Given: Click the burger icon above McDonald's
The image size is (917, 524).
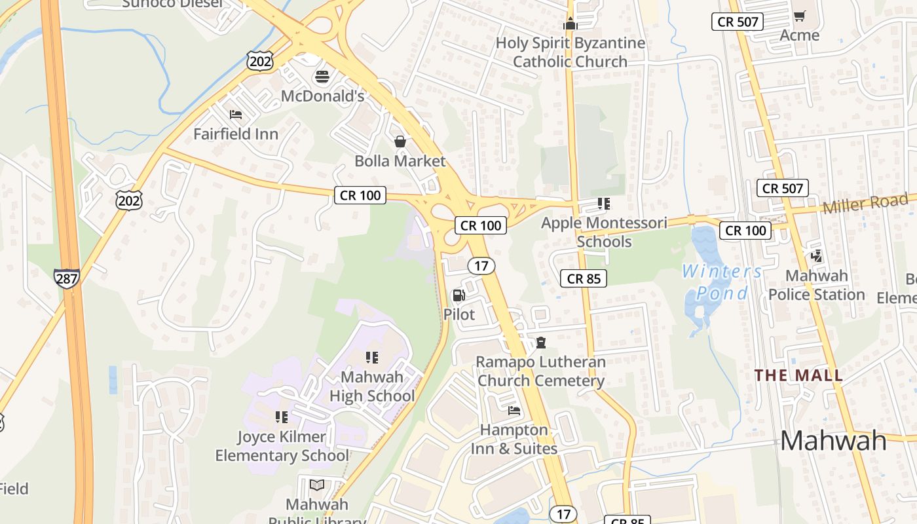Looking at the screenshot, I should click(x=322, y=77).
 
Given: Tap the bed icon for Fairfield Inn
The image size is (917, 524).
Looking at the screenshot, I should click(x=236, y=115).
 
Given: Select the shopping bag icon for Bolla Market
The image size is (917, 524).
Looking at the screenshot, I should click(x=400, y=141).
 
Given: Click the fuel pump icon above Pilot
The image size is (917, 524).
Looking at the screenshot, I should click(x=459, y=295).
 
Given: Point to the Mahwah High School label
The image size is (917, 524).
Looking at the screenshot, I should click(x=371, y=386).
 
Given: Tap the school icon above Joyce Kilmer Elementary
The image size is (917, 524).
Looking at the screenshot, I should click(x=282, y=417).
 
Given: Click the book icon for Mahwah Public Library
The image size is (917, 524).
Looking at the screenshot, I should click(x=317, y=485).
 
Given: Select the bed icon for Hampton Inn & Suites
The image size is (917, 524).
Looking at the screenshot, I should click(x=514, y=411).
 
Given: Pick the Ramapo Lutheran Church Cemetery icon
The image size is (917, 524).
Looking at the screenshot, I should click(x=541, y=343).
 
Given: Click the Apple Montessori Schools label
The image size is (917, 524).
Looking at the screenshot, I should click(x=604, y=232).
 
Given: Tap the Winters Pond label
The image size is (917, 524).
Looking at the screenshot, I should click(x=722, y=282).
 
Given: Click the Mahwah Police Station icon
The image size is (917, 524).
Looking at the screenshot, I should click(x=816, y=256).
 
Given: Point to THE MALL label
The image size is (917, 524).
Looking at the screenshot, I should click(x=798, y=376).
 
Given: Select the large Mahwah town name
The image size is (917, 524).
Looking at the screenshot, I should click(x=833, y=441).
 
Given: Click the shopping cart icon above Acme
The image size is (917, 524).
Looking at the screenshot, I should click(x=799, y=16).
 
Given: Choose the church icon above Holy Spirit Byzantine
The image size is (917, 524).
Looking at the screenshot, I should click(x=570, y=24).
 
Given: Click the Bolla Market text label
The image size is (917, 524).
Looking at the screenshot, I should click(x=400, y=161).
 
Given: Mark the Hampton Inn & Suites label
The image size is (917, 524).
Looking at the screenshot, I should click(x=514, y=439).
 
